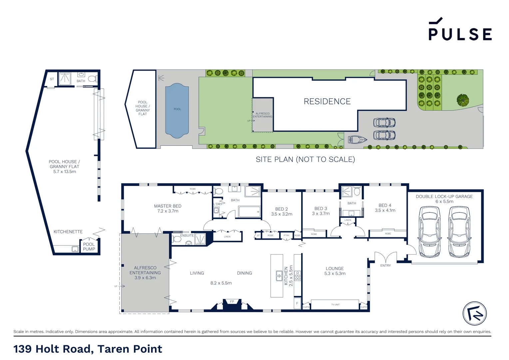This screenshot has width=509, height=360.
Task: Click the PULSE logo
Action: click(x=460, y=30)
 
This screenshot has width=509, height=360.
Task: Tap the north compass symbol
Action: click(x=475, y=314)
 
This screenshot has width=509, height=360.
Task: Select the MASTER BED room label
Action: click(x=168, y=206)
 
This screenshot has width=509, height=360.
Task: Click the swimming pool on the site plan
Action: click(x=177, y=110)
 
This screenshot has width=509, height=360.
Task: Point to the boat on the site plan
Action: click(x=357, y=139)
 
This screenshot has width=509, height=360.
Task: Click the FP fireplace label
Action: click(x=232, y=302)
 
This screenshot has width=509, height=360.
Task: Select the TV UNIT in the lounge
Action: click(x=335, y=304)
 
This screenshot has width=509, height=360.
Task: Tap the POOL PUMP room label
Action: click(x=89, y=247)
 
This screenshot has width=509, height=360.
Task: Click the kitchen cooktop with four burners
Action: click(x=297, y=276)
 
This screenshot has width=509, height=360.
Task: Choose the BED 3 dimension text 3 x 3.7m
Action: click(x=320, y=214)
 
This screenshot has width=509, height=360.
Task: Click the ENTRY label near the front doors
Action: click(x=385, y=265)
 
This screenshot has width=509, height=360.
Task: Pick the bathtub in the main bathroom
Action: click(x=249, y=212)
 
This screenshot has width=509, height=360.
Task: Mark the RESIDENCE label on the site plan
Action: click(x=327, y=101)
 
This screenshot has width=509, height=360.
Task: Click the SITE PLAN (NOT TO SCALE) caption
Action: click(x=305, y=159)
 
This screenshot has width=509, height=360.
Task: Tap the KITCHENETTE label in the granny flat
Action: click(x=68, y=232)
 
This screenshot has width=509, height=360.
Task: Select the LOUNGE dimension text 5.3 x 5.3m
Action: click(x=335, y=274)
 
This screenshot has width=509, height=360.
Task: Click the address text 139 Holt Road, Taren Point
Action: click(x=88, y=349)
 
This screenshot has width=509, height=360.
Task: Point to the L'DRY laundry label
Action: click(x=218, y=204)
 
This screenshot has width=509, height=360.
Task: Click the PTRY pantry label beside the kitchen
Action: click(x=286, y=235)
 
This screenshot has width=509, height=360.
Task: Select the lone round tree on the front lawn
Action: click(x=463, y=100)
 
